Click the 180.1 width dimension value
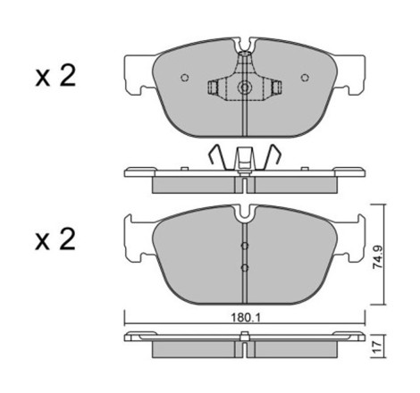(246, 318)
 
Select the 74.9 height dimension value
(378, 257)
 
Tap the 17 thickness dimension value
(377, 347)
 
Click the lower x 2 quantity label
(55, 239)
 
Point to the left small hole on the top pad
(185, 78)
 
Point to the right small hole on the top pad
(305, 78)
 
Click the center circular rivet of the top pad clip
(245, 88)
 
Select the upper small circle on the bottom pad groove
(245, 246)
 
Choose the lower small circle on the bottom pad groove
(245, 268)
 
